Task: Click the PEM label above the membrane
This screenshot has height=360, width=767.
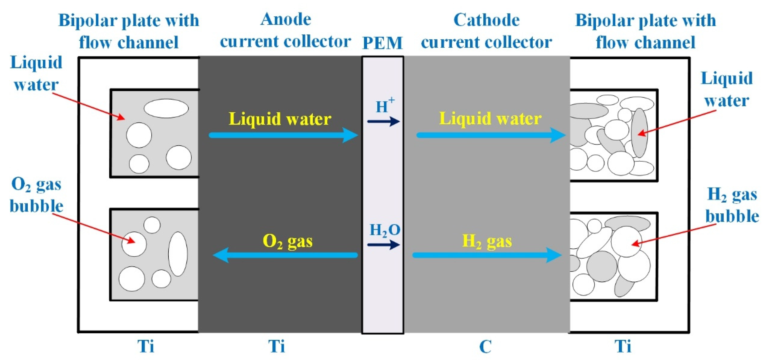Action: point(382,43)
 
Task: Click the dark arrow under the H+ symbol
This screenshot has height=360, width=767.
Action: point(383,121)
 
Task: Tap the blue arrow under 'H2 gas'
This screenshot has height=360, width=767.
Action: point(487,255)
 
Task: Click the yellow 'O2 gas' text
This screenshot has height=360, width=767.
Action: point(287,241)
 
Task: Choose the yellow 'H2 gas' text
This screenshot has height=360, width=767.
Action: point(487,241)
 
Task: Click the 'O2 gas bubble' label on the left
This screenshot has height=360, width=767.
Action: point(36,195)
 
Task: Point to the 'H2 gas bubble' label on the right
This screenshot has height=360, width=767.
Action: point(732,205)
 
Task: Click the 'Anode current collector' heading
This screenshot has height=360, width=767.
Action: point(285,30)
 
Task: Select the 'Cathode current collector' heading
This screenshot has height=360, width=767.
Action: point(486,31)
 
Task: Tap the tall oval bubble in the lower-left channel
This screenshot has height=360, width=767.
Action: point(178,254)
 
